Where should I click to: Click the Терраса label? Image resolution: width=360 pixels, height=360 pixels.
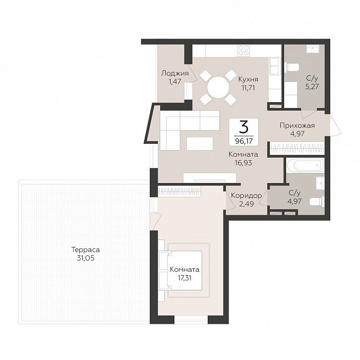85,249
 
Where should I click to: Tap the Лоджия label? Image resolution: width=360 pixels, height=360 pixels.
175,73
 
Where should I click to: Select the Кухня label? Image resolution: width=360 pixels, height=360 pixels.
248,79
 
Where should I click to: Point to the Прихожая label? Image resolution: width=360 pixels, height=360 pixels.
297,125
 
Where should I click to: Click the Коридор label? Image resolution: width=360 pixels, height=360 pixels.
246,195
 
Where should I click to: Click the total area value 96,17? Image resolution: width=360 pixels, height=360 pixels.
243,141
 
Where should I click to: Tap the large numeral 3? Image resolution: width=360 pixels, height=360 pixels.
243,127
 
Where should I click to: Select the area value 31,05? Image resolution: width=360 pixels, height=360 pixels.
85,258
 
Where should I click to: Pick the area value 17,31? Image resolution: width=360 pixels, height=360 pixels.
184,278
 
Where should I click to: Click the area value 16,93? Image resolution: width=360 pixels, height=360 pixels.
243,163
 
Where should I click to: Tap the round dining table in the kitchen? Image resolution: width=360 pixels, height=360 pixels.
218,87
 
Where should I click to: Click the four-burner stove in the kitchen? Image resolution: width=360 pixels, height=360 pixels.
243,51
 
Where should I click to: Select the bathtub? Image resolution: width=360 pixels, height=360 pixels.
305,165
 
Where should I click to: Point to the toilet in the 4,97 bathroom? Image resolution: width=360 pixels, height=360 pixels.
317,202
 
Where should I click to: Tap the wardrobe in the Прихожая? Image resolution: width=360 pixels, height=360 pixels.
297,149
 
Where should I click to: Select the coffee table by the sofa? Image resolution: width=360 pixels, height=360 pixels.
200,143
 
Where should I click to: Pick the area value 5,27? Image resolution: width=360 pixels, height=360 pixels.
312,87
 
